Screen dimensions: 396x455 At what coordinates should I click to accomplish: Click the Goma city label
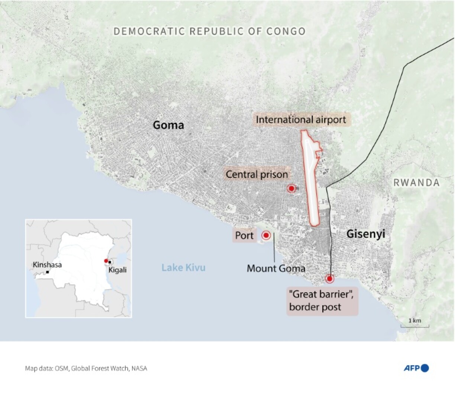[168, 125]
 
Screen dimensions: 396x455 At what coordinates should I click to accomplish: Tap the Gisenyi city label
[366, 234]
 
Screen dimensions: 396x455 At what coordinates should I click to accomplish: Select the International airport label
[301, 120]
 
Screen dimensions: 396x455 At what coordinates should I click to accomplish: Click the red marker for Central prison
[291, 189]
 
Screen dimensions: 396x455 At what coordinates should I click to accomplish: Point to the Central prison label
[257, 174]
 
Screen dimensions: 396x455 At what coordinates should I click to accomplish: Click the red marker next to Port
[266, 235]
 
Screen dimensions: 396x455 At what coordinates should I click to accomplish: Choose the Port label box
[244, 235]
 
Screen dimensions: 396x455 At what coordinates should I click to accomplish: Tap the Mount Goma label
[276, 268]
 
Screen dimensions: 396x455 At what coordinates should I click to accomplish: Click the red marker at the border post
[329, 279]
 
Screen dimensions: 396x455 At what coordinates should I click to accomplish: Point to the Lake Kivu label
[183, 267]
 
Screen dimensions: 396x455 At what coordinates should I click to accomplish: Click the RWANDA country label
[416, 183]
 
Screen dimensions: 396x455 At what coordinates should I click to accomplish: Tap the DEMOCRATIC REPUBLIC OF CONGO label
[209, 31]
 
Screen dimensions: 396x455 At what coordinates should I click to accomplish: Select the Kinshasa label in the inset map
[47, 265]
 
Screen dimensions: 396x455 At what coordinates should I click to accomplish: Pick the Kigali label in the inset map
[117, 270]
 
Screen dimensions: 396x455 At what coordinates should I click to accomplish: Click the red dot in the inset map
[106, 261]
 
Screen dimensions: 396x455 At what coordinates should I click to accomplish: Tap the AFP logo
[416, 368]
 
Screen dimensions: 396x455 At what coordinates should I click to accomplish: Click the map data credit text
[86, 368]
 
